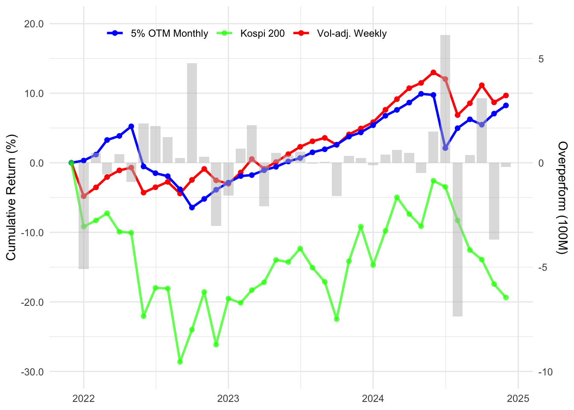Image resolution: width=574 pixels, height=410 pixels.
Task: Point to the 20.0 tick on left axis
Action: click(34, 24)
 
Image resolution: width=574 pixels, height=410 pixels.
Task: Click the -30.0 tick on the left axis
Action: click(33, 372)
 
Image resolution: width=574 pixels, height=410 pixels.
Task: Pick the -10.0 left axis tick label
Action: click(33, 233)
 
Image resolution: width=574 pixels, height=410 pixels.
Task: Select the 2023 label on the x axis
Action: click(228, 399)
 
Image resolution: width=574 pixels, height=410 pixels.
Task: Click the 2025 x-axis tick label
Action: click(518, 399)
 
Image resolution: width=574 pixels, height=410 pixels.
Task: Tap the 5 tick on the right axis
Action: click(541, 59)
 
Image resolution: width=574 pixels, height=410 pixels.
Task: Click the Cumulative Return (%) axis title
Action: click(11, 197)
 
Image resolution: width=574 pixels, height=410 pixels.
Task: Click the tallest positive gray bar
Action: click(445, 99)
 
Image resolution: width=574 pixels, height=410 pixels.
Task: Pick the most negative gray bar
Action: click(457, 240)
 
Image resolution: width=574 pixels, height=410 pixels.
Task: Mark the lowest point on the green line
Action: click(180, 362)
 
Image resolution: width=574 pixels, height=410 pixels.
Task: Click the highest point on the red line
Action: click(433, 73)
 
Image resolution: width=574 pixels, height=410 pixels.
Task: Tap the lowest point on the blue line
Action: click(192, 208)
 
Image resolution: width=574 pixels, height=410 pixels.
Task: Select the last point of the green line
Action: click(506, 298)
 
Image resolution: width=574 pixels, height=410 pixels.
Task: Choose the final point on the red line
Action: click(506, 96)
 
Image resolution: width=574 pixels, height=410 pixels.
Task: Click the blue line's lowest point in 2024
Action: click(445, 148)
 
